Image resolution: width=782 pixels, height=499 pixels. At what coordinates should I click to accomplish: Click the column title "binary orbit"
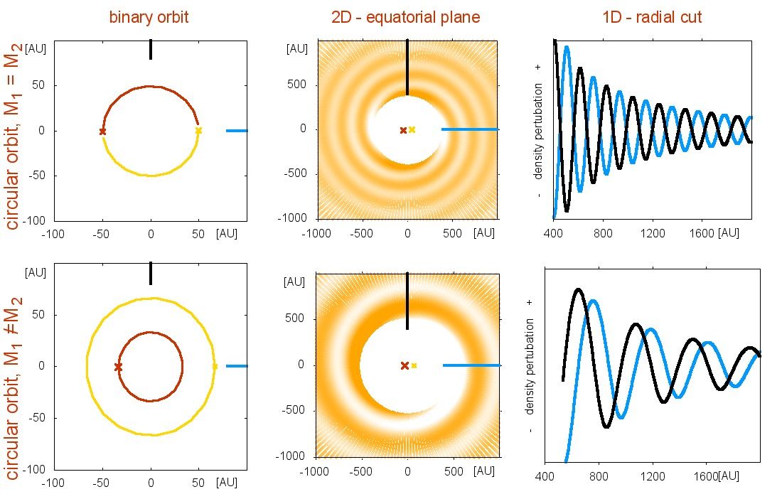point(149,17)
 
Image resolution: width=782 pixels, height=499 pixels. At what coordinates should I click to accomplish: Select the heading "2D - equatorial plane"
point(405,17)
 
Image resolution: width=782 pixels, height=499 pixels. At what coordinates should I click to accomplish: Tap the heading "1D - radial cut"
point(651,17)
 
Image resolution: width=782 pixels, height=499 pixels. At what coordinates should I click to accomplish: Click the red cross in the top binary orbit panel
point(102,132)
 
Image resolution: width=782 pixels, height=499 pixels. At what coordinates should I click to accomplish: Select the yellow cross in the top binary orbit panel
point(198,131)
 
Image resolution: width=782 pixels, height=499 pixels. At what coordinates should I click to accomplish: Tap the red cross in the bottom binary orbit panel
point(118,367)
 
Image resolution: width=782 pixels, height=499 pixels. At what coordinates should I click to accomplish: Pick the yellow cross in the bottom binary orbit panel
point(215,366)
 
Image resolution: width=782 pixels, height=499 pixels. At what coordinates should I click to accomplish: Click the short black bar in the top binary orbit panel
point(151,50)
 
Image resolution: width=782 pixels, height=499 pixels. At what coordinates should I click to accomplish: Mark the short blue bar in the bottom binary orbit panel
point(237,366)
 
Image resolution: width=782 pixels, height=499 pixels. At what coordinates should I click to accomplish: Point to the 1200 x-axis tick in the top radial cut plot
point(652,232)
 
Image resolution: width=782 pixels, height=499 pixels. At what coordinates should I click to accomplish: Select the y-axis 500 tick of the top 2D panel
point(296,85)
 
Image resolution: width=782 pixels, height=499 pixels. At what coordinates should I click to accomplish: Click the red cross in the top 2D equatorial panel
point(403,130)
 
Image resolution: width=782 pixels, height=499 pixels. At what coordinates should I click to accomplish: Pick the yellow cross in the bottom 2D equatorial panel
point(414,365)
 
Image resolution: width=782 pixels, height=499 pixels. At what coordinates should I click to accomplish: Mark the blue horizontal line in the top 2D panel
point(469,129)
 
